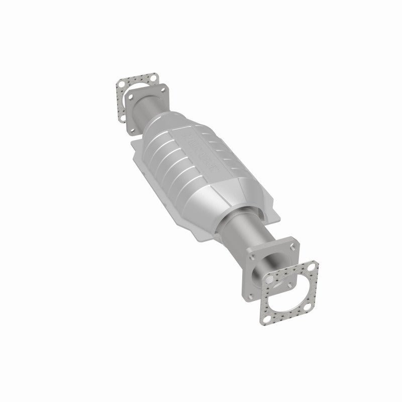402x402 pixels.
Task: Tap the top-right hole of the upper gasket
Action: [153, 78]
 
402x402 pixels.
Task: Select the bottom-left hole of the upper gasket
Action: [123, 118]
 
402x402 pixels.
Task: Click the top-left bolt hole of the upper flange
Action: [131, 96]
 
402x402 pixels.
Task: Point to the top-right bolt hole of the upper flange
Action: [163, 90]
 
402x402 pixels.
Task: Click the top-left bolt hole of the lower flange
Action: [252, 257]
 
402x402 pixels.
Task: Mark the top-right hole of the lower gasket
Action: [312, 267]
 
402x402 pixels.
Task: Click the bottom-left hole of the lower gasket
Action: [267, 319]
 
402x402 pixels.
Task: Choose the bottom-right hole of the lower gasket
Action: [307, 307]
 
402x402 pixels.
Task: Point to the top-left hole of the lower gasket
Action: [269, 279]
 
